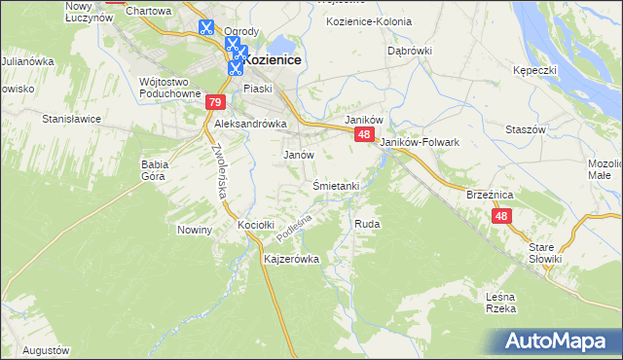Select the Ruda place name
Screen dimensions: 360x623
(x=367, y=224)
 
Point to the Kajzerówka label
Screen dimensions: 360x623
(x=292, y=261)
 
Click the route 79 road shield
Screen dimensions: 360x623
(x=216, y=102)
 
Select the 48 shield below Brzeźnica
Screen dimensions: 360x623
(x=501, y=217)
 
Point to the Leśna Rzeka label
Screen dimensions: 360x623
(x=499, y=302)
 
